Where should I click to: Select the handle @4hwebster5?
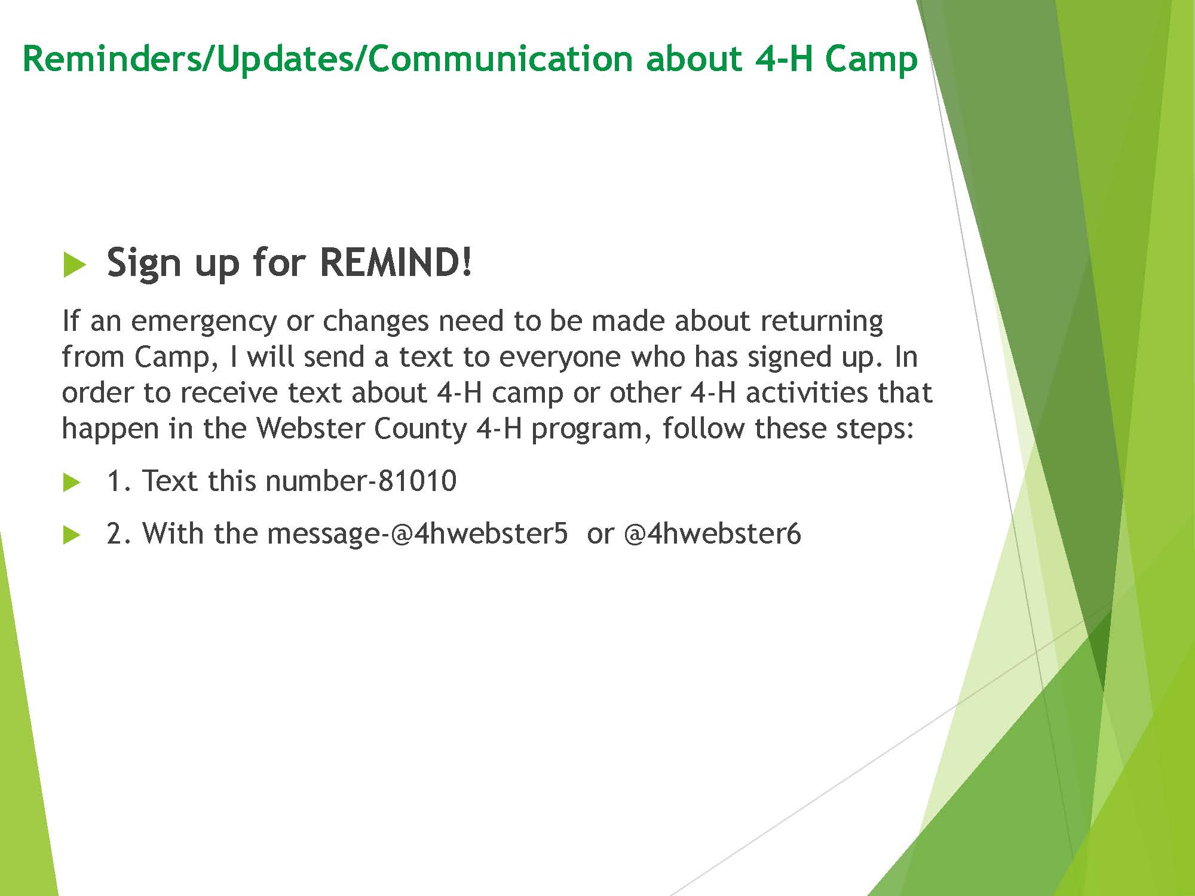[x=479, y=533]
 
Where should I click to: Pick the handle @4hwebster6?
[x=712, y=533]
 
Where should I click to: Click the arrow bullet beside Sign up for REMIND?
[x=75, y=264]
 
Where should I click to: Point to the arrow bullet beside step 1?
[x=72, y=483]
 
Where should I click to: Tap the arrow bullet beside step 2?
[x=72, y=535]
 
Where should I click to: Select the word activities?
[x=807, y=392]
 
